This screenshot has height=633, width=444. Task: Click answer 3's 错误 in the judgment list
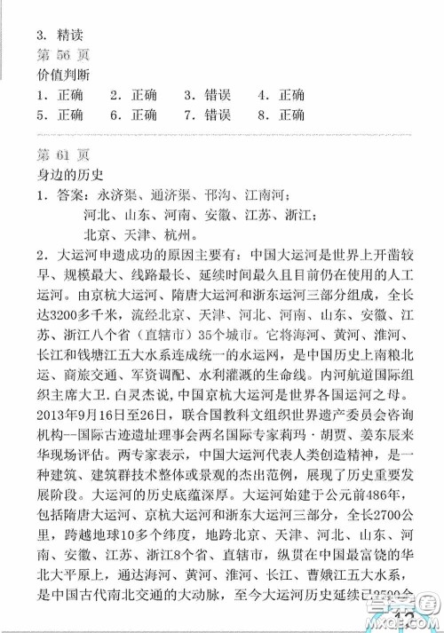click(x=217, y=95)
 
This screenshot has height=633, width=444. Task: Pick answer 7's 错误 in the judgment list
click(x=217, y=115)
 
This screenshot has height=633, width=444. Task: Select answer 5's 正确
click(x=69, y=115)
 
